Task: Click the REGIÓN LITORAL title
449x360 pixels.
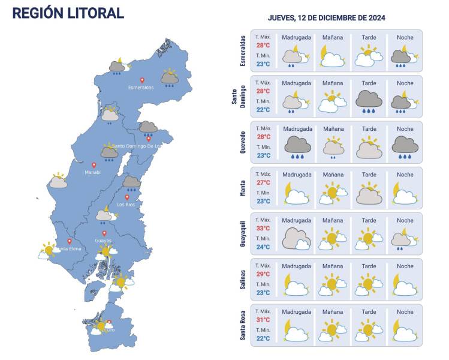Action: point(68,13)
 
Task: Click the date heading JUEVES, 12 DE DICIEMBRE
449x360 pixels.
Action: point(326,18)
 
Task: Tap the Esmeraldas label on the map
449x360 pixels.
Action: point(141,87)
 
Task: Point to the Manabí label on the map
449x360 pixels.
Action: point(92,172)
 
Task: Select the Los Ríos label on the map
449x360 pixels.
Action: point(126,205)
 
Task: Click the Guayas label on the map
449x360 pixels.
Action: point(103,241)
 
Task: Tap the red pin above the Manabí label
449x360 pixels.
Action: point(94,165)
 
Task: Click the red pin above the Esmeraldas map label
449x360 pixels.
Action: point(142,80)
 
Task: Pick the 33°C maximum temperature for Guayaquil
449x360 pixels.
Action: point(263,228)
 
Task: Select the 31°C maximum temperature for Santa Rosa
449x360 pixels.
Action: point(263,320)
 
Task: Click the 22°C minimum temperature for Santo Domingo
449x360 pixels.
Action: point(263,110)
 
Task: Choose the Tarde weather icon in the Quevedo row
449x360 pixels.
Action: point(369,148)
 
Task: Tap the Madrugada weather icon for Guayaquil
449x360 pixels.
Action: point(296,238)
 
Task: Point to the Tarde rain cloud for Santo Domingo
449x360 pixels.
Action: point(369,101)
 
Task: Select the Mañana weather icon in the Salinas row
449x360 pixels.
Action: point(333,284)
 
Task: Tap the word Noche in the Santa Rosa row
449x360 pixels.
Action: point(405,312)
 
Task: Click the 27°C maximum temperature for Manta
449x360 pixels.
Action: point(263,182)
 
